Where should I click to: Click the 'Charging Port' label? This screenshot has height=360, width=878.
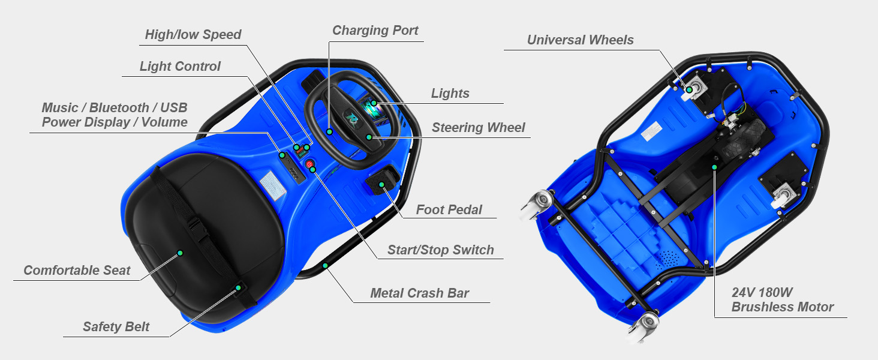pos(375,31)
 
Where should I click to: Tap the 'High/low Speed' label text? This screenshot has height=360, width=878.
pos(193,35)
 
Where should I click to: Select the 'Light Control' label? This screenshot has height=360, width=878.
pos(180,67)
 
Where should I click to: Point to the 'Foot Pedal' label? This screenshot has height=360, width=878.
pos(449,209)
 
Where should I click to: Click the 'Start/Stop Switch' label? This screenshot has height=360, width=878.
pos(441,250)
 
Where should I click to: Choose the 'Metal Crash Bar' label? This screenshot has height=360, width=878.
pos(420,293)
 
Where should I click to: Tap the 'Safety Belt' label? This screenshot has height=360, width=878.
pos(116,327)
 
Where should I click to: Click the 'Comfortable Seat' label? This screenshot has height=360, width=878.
pos(77,271)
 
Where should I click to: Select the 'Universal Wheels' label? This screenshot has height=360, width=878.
pos(580,40)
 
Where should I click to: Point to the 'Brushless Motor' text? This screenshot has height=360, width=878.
pos(783,307)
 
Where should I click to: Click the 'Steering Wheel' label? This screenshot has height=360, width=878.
pos(479,128)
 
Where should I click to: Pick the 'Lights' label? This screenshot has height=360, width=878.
pos(450,94)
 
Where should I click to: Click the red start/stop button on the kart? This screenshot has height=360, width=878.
pos(310,164)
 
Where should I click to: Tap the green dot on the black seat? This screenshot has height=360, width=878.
pos(180,254)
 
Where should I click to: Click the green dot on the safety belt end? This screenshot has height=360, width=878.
pos(237,289)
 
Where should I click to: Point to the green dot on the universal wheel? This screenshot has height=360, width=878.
pos(689,90)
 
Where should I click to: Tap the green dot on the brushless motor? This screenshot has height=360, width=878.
pos(714,167)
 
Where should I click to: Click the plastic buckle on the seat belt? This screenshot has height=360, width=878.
pos(195,227)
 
